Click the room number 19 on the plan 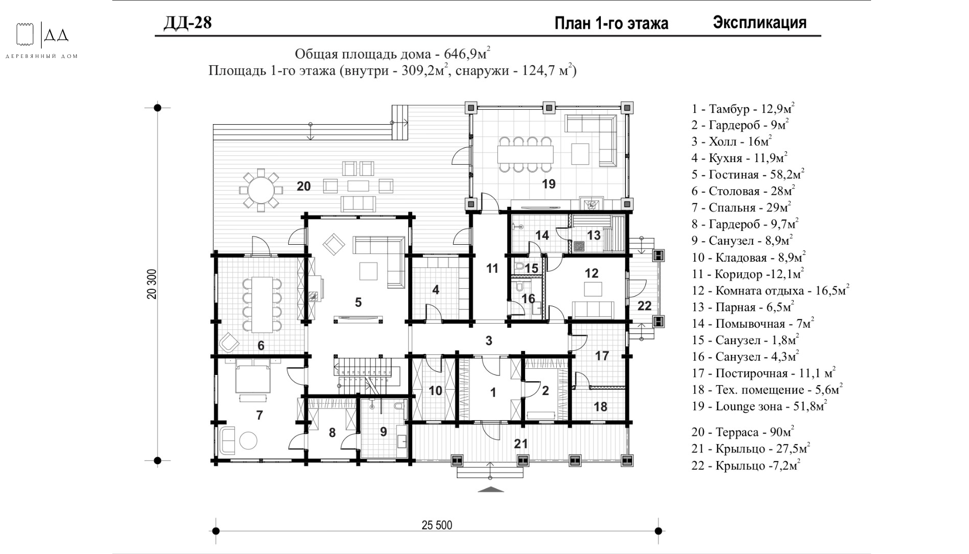pos(549,184)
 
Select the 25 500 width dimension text pos(437,525)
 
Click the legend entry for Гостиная pos(748,175)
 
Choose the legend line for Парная pos(742,307)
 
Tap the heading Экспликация pos(759,23)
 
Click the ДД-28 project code pos(187,23)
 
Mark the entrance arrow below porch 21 pos(491,489)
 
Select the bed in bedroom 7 pos(252,377)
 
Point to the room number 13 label pos(594,235)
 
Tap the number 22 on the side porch pos(644,306)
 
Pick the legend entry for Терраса pos(742,432)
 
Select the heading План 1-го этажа pos(611,24)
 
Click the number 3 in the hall pos(489,340)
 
